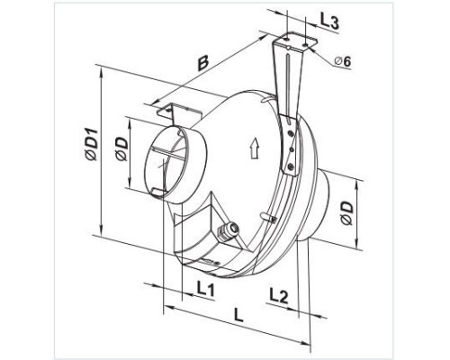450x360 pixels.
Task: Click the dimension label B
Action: click(203, 63)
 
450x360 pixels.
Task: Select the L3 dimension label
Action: click(329, 22)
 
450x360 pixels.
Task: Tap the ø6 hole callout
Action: click(343, 61)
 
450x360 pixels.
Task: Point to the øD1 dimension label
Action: click(91, 144)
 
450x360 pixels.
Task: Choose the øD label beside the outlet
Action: click(346, 213)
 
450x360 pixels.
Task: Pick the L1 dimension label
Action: click(206, 290)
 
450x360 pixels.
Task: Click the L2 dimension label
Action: click(279, 295)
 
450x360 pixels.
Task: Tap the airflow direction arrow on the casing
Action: click(255, 148)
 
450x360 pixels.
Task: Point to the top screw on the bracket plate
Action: click(290, 132)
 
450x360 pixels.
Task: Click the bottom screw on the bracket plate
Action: click(291, 166)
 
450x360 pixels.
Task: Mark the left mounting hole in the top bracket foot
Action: click(287, 40)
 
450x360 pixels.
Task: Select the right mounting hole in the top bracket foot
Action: click(305, 45)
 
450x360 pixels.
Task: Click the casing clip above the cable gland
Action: click(269, 217)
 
